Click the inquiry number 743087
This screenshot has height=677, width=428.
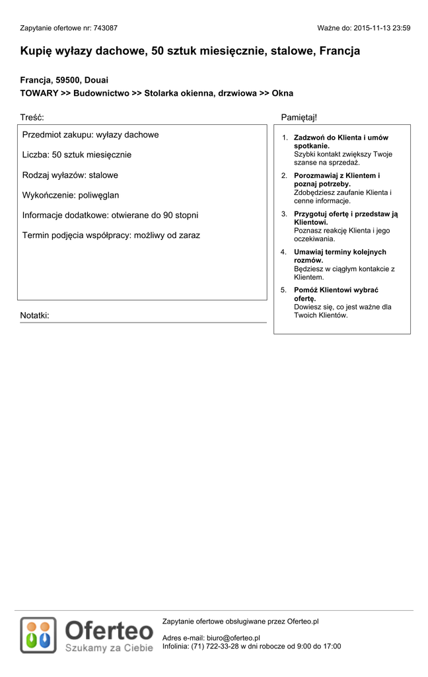(106, 28)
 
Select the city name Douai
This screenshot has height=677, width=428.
(96, 80)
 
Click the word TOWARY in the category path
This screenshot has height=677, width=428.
(39, 93)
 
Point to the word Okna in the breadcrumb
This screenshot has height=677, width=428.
(282, 93)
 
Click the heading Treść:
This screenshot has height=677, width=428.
(32, 117)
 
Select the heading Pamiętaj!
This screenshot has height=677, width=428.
(299, 117)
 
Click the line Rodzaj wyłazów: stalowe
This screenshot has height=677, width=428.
(70, 175)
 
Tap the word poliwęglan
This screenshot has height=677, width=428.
(98, 195)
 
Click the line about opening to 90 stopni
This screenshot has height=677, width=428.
(110, 215)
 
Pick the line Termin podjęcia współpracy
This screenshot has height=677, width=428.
(111, 235)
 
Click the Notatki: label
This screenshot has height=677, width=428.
(34, 315)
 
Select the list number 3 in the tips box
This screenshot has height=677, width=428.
(284, 214)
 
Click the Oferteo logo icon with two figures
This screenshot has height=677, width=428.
(38, 635)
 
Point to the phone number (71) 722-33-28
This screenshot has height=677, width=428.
(215, 647)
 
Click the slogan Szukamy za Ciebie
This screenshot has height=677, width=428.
(109, 648)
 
